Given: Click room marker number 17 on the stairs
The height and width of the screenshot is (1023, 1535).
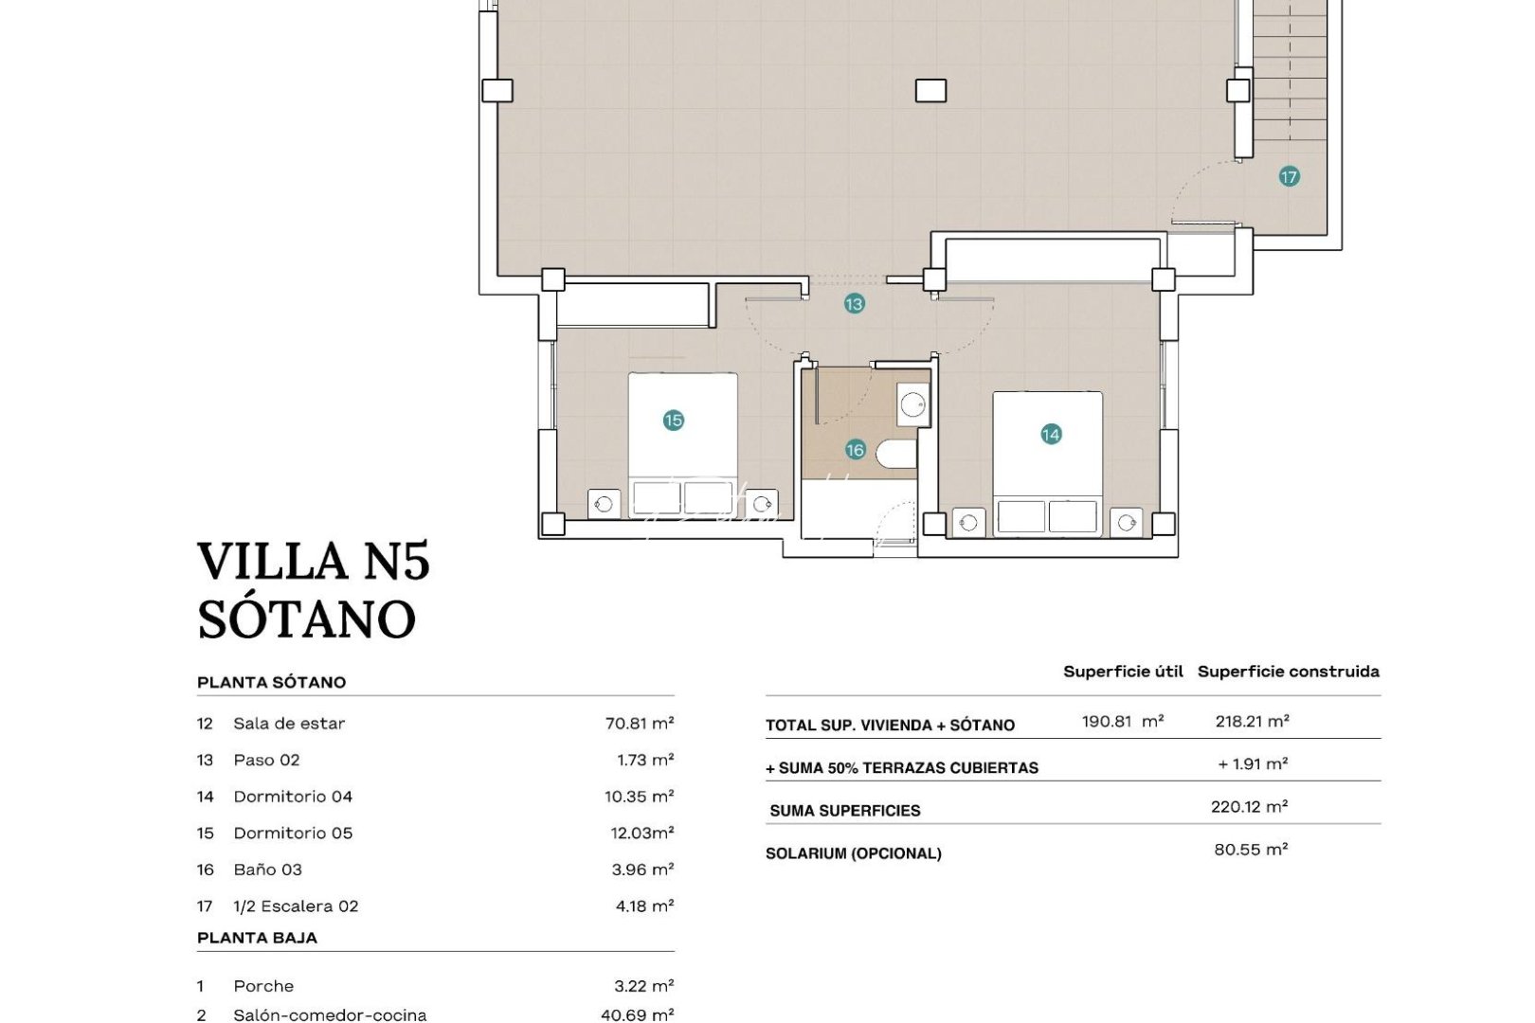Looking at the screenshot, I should click(x=1289, y=177).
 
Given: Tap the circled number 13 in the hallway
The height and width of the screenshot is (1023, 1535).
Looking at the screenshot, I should click(x=855, y=304).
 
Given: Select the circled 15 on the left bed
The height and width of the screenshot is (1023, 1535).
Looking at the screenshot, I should click(x=674, y=421).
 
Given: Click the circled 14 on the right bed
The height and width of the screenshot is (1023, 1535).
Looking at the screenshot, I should click(x=1051, y=435).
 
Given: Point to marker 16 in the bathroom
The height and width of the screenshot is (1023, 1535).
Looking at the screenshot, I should click(x=856, y=450).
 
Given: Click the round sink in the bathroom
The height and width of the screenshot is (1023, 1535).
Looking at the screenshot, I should click(x=912, y=405).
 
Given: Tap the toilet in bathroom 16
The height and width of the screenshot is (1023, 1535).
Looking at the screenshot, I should click(x=896, y=454).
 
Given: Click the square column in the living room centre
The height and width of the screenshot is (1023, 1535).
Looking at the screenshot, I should click(x=930, y=91).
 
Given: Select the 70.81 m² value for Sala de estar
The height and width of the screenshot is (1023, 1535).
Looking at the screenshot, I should click(x=640, y=724).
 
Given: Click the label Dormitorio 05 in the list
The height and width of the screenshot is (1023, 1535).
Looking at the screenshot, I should click(x=293, y=834).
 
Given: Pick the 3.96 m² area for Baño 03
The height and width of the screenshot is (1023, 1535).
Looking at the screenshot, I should click(x=643, y=870).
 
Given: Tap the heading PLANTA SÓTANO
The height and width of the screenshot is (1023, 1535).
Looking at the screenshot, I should click(x=271, y=682).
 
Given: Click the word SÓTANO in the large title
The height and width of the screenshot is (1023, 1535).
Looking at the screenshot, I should click(x=306, y=619).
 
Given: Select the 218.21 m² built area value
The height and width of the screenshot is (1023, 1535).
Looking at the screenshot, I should click(x=1252, y=722).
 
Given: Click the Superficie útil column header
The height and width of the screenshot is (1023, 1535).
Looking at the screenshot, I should click(x=1123, y=672).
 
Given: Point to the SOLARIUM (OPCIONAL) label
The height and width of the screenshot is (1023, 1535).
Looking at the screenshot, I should click(x=853, y=853).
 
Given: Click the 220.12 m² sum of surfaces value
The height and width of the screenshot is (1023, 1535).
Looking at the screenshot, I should click(x=1249, y=807).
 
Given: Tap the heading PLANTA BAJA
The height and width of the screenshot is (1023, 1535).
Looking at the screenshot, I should click(x=257, y=938).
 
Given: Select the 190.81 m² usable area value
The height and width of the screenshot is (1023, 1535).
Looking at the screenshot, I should click(x=1123, y=722).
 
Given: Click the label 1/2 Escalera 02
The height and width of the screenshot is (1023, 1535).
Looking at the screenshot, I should click(x=296, y=906).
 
